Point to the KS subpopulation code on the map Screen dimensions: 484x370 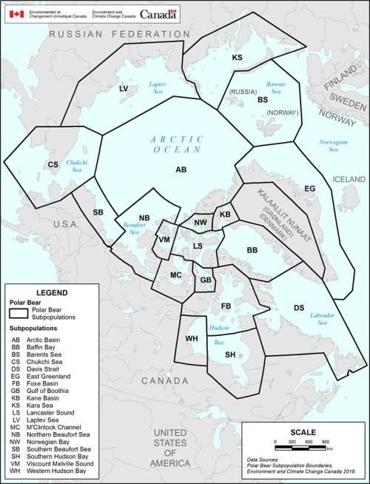[x=238, y=57]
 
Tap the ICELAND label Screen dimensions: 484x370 [x=349, y=180]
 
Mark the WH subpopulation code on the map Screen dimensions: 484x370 [x=190, y=338]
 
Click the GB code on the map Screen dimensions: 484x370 [x=206, y=280]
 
